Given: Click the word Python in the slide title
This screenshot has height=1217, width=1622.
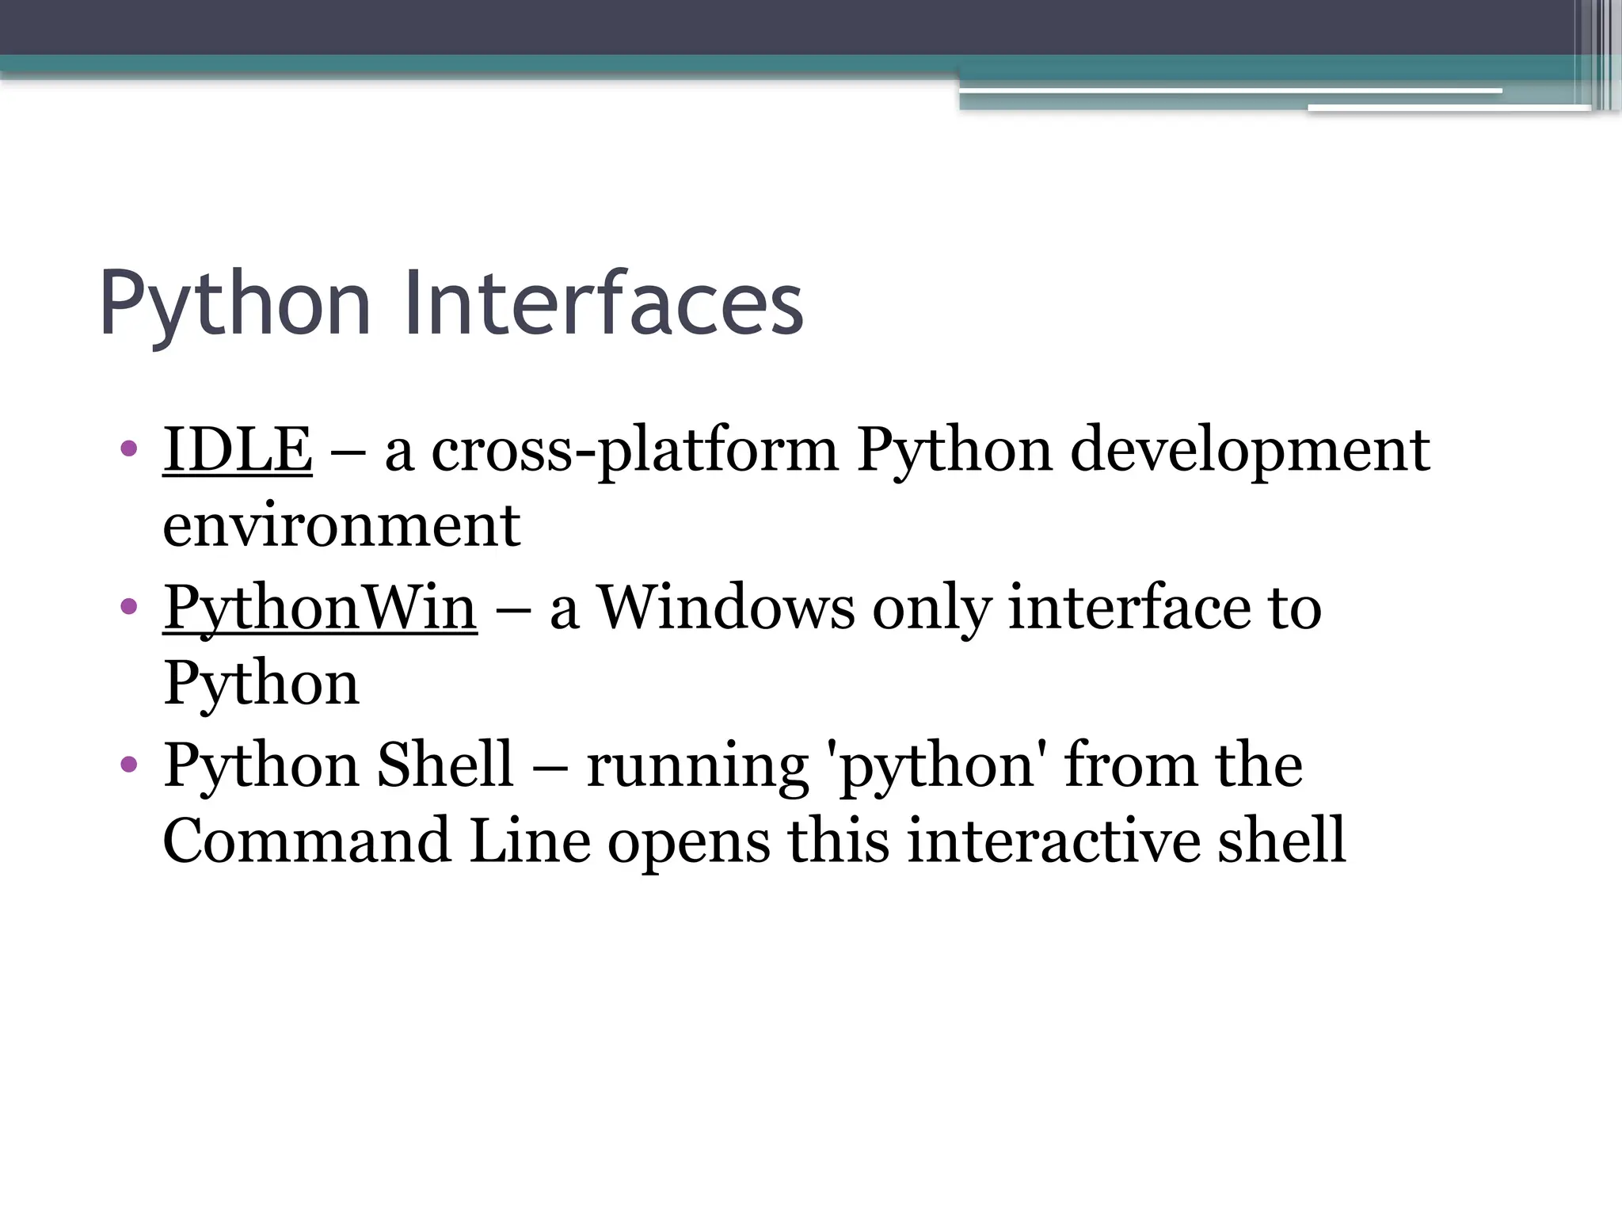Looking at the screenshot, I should [x=235, y=304].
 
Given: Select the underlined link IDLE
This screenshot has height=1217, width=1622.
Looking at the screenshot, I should [x=237, y=449].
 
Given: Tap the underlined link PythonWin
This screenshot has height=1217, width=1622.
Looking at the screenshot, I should [x=320, y=607].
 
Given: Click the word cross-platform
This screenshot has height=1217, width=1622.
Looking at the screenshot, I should [x=634, y=449].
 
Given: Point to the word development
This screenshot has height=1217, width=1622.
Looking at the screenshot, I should [x=1250, y=449].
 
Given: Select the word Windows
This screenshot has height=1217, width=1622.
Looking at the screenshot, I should [x=725, y=607].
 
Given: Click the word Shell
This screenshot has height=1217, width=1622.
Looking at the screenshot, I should [x=444, y=765].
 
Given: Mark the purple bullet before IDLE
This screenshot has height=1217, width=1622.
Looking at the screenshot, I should [x=129, y=449].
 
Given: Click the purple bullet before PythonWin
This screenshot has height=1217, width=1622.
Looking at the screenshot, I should [x=129, y=607].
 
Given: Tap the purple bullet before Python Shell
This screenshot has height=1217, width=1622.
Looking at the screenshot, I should [x=129, y=765].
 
